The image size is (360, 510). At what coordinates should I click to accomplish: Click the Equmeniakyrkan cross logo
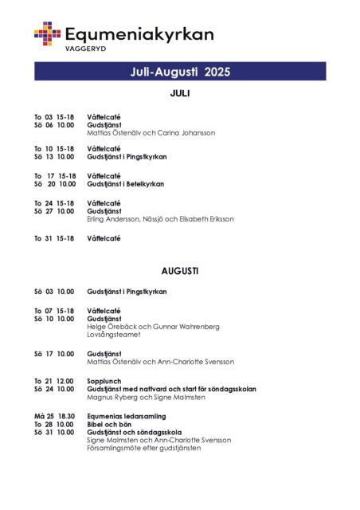coord(47,33)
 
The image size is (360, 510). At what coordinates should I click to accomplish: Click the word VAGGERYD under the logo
coord(85,49)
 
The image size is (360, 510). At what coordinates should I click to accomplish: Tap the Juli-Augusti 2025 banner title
coord(180,72)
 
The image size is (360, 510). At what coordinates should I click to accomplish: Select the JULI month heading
coord(180,93)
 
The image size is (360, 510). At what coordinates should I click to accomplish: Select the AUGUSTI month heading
coord(180,271)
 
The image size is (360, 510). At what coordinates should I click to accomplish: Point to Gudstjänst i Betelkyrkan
coord(125,184)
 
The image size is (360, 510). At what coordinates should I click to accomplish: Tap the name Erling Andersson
coord(112,218)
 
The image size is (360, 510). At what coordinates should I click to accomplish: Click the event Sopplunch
coord(105,381)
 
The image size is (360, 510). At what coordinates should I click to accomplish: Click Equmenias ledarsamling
coord(126,416)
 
